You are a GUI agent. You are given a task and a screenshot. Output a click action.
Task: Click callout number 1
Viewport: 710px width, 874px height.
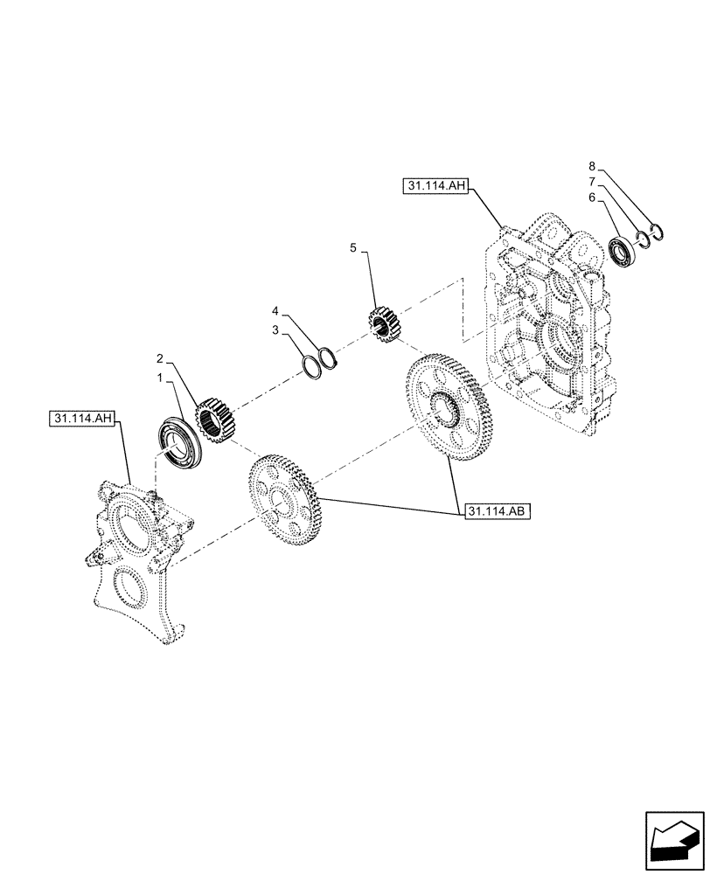159,378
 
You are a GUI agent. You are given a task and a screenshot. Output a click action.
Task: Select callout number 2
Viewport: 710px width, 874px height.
159,358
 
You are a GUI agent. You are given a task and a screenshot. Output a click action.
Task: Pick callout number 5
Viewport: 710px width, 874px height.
353,249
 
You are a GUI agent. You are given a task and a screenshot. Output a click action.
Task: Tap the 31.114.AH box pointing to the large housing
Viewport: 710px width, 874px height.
437,185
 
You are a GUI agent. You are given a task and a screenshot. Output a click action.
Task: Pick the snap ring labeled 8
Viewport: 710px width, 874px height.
658,232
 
